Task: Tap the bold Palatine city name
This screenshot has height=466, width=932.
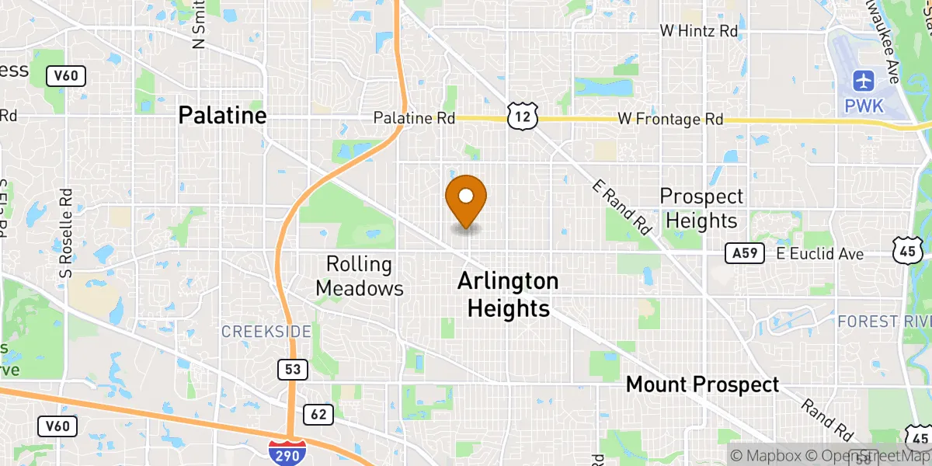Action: pyautogui.click(x=222, y=116)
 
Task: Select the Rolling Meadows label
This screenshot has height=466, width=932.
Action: pyautogui.click(x=364, y=276)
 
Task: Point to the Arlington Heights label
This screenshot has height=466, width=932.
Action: pyautogui.click(x=508, y=294)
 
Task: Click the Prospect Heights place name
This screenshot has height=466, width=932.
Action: pyautogui.click(x=701, y=209)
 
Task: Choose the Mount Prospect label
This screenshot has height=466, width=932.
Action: pyautogui.click(x=702, y=384)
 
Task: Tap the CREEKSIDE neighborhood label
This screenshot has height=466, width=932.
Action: pyautogui.click(x=266, y=332)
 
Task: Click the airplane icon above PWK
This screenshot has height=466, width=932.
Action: pyautogui.click(x=863, y=80)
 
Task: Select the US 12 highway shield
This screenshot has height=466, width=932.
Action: pyautogui.click(x=520, y=116)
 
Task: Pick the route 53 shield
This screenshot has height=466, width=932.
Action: pyautogui.click(x=291, y=370)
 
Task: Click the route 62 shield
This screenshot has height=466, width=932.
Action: pyautogui.click(x=318, y=414)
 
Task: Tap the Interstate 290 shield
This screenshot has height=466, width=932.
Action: pyautogui.click(x=287, y=451)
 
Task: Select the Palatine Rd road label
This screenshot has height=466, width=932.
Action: pyautogui.click(x=413, y=119)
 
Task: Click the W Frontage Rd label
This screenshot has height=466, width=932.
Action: pyautogui.click(x=670, y=120)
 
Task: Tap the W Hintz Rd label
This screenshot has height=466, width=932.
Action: pyautogui.click(x=698, y=31)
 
